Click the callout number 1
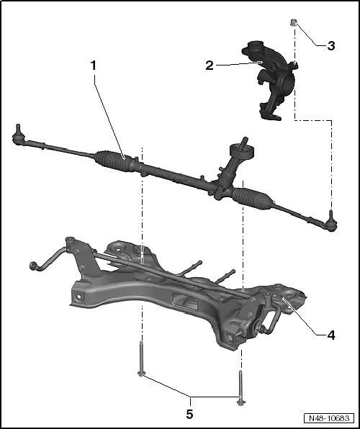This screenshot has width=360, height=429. (93, 65)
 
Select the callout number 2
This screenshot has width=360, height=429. (209, 66)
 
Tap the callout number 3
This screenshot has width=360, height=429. (330, 46)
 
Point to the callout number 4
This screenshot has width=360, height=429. (330, 335)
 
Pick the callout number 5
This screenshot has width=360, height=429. (191, 414)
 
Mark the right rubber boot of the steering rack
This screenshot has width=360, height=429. (251, 195)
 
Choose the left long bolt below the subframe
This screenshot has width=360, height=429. (142, 360)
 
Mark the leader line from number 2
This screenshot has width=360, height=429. (238, 65)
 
